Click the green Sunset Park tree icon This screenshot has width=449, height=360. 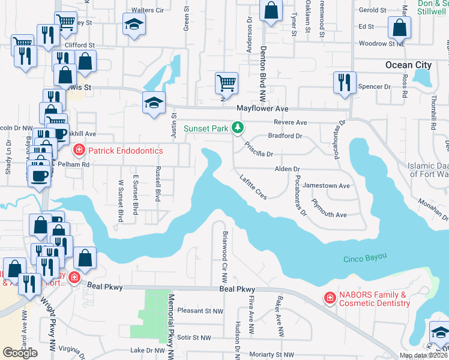click(238, 128)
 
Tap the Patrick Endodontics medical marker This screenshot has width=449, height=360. click(78, 149)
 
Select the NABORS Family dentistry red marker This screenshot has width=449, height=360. click(329, 298)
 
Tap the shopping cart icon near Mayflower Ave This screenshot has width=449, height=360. click(226, 82)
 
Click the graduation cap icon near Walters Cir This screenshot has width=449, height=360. click(134, 25)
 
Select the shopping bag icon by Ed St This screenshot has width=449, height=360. click(399, 27)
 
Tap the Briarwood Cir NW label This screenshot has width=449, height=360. click(225, 257)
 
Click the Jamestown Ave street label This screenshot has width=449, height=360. click(326, 186)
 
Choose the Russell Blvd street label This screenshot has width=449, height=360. click(158, 184)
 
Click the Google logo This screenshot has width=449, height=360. click(20, 353)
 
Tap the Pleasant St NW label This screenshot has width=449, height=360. click(201, 311)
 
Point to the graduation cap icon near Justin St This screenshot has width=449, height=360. click(154, 103)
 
